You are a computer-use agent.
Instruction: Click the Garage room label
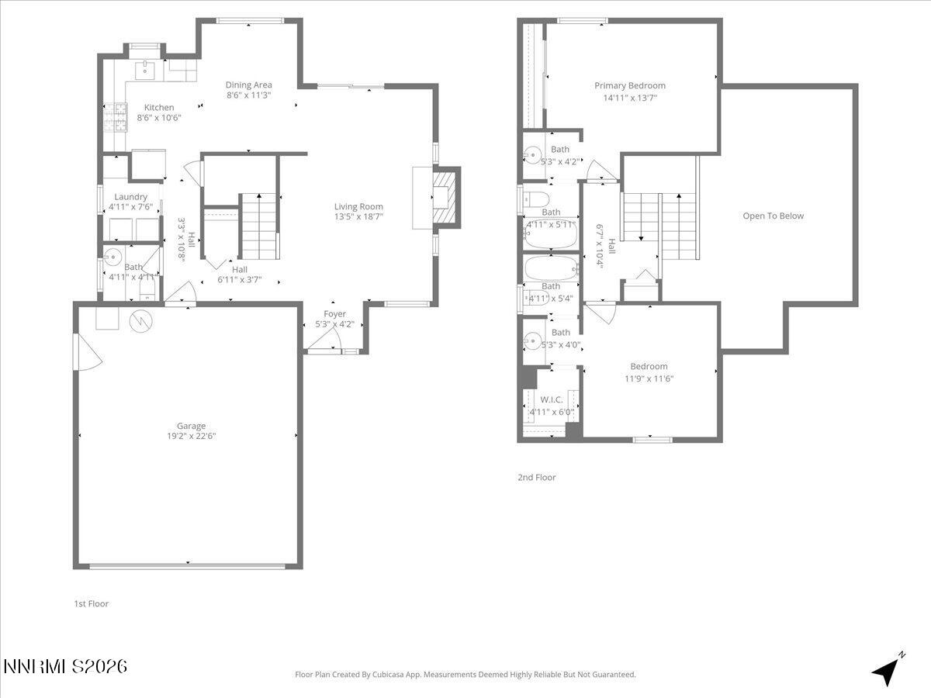pyautogui.click(x=191, y=426)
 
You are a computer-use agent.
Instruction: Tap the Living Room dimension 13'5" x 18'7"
pyautogui.click(x=358, y=217)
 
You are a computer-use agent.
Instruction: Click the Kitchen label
pyautogui.click(x=159, y=107)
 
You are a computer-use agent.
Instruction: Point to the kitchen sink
pyautogui.click(x=145, y=71)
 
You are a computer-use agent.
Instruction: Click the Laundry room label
pyautogui.click(x=130, y=197)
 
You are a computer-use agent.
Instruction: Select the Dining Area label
pyautogui.click(x=248, y=85)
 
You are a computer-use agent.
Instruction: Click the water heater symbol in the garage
pyautogui.click(x=142, y=320)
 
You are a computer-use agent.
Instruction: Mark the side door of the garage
pyautogui.click(x=87, y=354)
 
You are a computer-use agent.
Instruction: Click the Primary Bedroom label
pyautogui.click(x=630, y=86)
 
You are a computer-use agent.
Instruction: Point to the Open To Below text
pyautogui.click(x=773, y=216)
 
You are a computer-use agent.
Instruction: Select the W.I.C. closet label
pyautogui.click(x=551, y=399)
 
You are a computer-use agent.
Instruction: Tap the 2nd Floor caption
pyautogui.click(x=537, y=478)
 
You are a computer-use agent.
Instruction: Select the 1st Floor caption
pyautogui.click(x=91, y=603)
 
